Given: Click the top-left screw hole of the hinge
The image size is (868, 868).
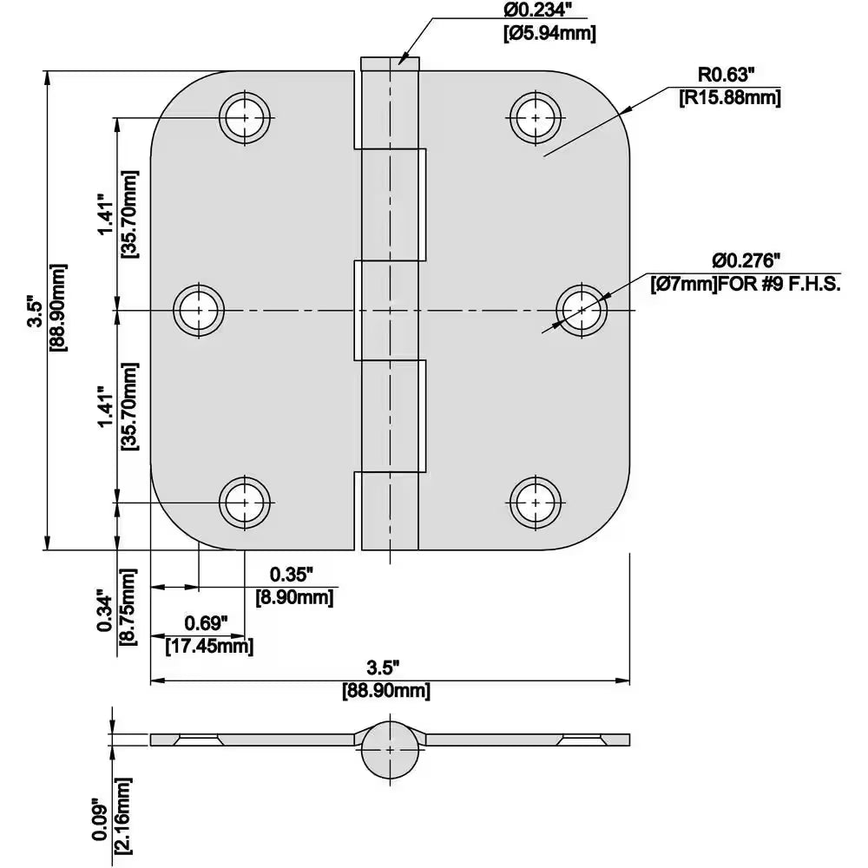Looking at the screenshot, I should pyautogui.click(x=245, y=117).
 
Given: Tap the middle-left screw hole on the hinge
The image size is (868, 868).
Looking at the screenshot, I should pyautogui.click(x=199, y=310).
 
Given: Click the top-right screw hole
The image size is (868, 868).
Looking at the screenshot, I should pyautogui.click(x=536, y=117).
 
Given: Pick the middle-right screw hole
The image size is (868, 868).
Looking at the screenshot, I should pyautogui.click(x=582, y=310).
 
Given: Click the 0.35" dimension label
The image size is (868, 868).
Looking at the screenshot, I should pyautogui.click(x=291, y=574).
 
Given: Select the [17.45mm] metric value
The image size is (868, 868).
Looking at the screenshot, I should pyautogui.click(x=209, y=646).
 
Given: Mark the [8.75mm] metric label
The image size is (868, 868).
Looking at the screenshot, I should pyautogui.click(x=128, y=606).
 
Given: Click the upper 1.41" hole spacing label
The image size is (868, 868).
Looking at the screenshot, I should pyautogui.click(x=105, y=214).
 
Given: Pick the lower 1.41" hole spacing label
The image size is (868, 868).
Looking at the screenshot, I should pyautogui.click(x=105, y=406).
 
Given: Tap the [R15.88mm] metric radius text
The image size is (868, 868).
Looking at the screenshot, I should pyautogui.click(x=729, y=97).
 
